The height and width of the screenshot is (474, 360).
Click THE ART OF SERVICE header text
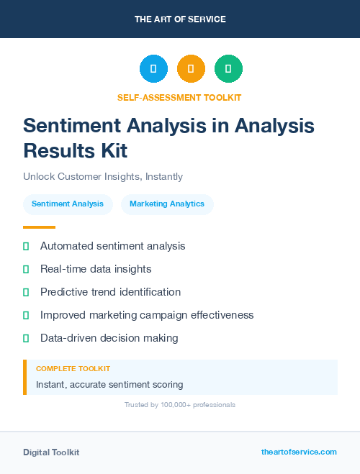[180, 19]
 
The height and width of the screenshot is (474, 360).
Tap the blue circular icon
[153, 68]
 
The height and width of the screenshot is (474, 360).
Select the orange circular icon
[191, 68]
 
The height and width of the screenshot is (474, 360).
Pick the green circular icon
[228, 68]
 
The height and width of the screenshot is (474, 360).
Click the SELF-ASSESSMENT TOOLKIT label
[179, 97]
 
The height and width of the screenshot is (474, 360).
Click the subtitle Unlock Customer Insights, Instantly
[103, 176]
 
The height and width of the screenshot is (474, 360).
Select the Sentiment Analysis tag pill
[68, 204]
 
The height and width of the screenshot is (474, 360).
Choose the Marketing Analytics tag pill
[167, 204]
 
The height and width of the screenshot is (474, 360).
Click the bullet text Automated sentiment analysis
[113, 246]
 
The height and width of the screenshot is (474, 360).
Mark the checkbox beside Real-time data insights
[26, 269]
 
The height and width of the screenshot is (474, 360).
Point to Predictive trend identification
[110, 292]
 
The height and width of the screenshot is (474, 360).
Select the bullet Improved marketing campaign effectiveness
[147, 315]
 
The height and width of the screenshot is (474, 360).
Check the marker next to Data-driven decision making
[26, 338]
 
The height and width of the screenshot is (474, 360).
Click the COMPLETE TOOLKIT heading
[73, 368]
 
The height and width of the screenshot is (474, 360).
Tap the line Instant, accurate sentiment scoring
[109, 384]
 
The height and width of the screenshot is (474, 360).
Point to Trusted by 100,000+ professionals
[180, 405]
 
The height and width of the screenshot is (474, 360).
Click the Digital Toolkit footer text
[51, 452]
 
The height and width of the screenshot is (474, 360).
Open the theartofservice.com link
[299, 452]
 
